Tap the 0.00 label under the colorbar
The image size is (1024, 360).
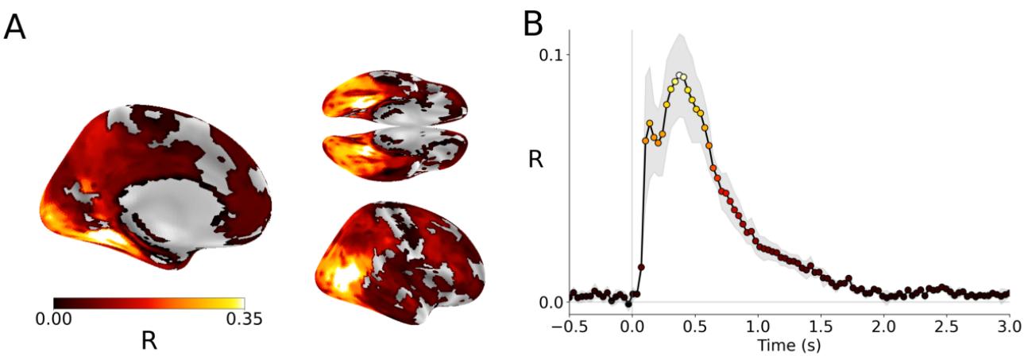point(54,319)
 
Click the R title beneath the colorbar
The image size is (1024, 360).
point(148,340)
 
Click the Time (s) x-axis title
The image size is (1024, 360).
point(789,346)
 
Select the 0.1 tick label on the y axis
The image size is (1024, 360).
point(552,55)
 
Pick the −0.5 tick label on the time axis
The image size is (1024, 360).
point(568,326)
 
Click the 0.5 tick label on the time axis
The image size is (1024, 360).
point(694,326)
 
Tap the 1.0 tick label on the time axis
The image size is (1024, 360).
point(757,326)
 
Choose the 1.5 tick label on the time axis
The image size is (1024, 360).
point(820,326)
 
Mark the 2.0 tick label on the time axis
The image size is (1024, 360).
point(883,326)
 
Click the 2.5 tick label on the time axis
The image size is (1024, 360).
point(945,326)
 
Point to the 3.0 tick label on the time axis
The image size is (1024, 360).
point(1008,326)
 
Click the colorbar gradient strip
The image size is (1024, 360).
point(149,303)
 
